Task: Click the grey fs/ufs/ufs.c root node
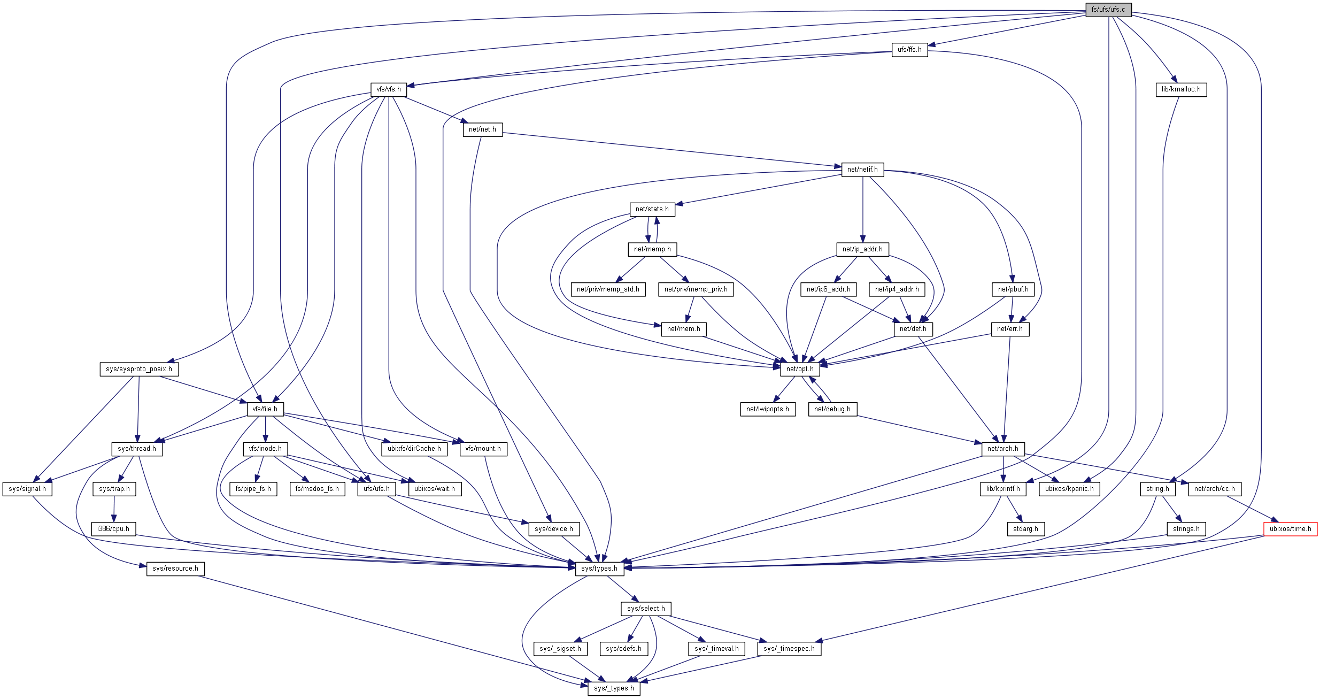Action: point(1108,10)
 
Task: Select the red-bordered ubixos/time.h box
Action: point(1290,529)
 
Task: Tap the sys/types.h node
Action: point(599,569)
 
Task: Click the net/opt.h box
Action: point(800,369)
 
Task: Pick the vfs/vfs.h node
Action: point(388,89)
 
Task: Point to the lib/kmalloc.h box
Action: point(1180,89)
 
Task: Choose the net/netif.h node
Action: point(862,170)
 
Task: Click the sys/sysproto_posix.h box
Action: point(139,369)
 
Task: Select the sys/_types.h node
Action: point(614,688)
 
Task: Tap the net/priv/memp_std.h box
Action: point(608,289)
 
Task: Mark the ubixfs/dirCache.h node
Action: point(414,449)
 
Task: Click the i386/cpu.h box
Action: point(113,529)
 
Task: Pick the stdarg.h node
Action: point(1025,529)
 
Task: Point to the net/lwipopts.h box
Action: point(767,409)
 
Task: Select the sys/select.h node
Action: point(646,609)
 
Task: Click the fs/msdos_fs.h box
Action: point(317,489)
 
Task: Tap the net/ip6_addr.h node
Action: point(828,289)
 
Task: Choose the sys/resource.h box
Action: point(175,569)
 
